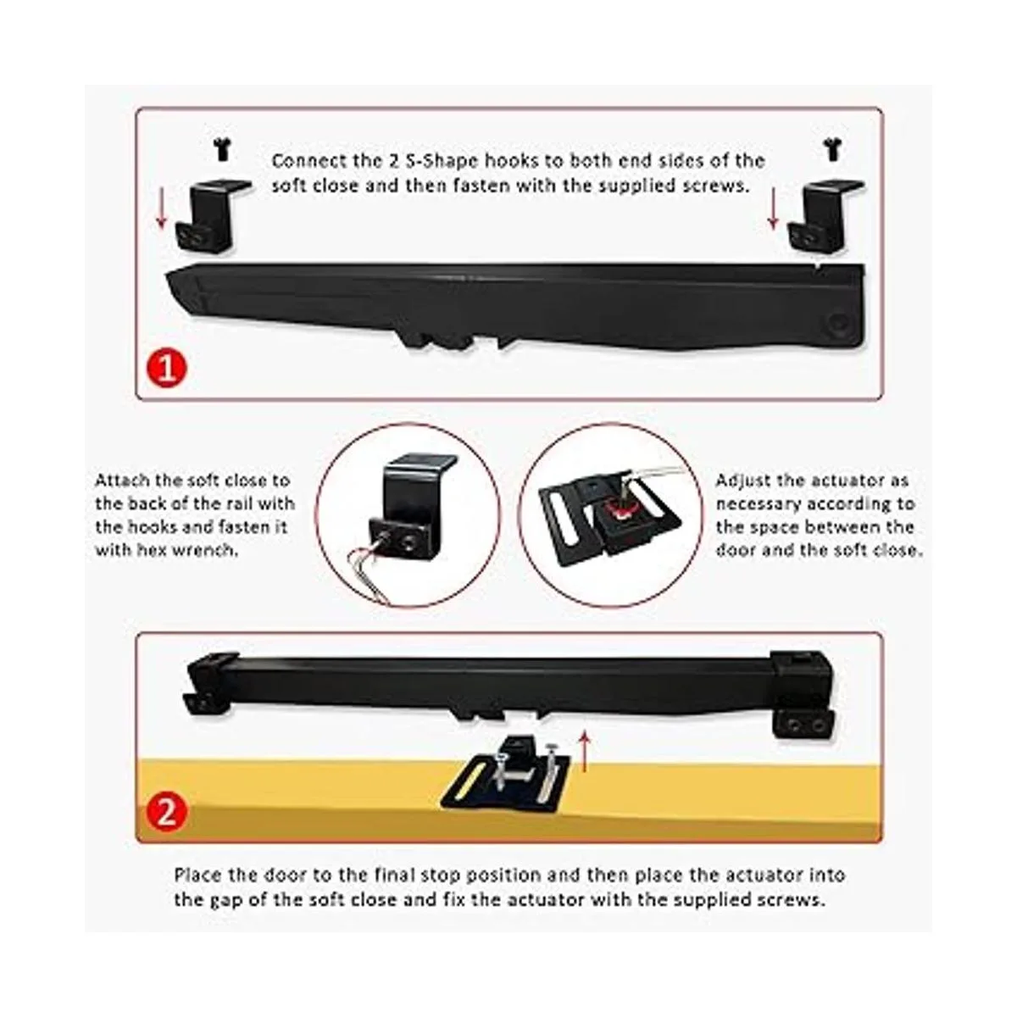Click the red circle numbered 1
pos(167,369)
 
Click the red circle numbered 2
pos(167,813)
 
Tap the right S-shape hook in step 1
pos(823,216)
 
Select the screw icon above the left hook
pos(223,149)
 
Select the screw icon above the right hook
pos(833,149)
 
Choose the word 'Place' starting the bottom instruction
pos(198,875)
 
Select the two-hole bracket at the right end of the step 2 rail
pos(803,724)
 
